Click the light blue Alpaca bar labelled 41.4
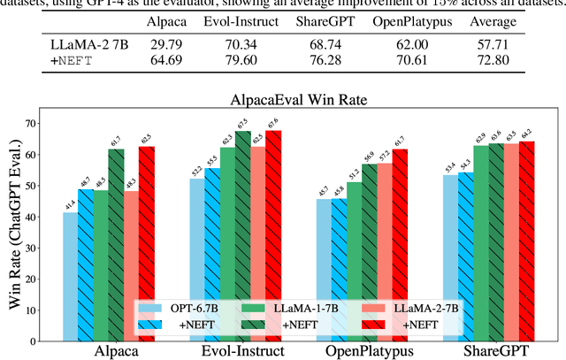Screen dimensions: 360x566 pos(69,275)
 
